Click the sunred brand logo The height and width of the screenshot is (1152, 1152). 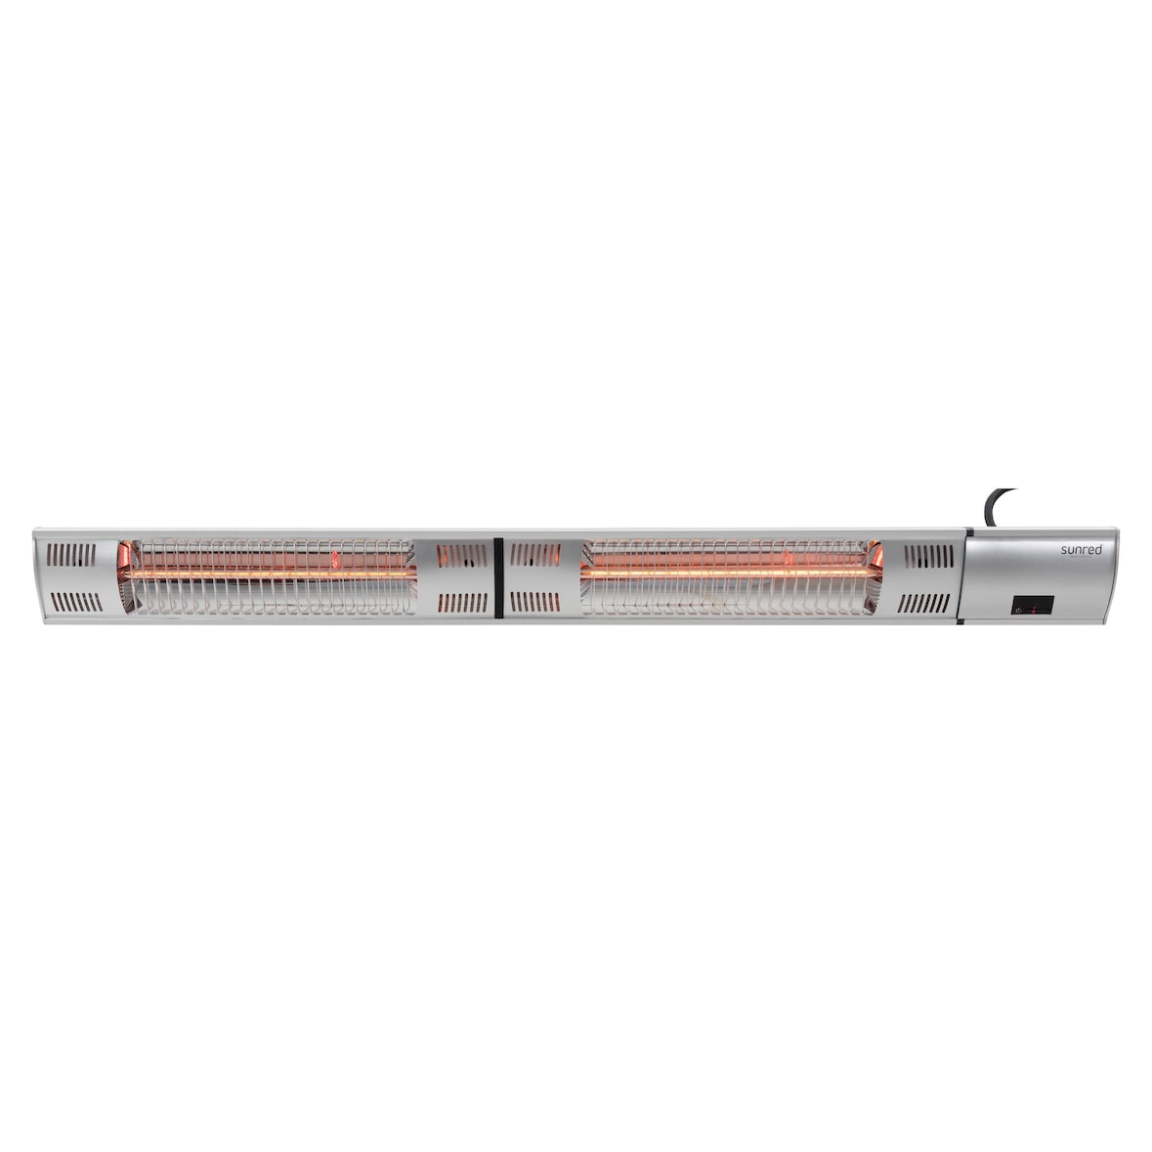click(x=1081, y=550)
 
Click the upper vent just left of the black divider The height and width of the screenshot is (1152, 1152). click(x=461, y=555)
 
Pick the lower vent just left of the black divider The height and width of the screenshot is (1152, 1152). click(x=461, y=602)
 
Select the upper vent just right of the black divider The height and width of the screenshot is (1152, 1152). click(x=535, y=555)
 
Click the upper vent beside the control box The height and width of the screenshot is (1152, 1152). click(x=928, y=556)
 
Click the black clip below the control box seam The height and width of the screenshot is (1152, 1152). click(x=963, y=623)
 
